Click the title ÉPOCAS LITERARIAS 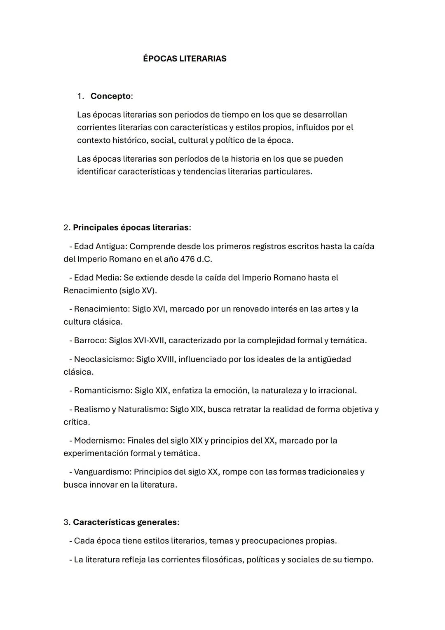185,59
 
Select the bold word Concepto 110,96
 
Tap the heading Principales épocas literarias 131,228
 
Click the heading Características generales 125,522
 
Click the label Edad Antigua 100,246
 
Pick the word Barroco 90,340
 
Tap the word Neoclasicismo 103,359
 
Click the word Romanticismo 103,390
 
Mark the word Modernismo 99,441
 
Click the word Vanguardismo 102,472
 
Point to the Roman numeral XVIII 166,359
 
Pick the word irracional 336,390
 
